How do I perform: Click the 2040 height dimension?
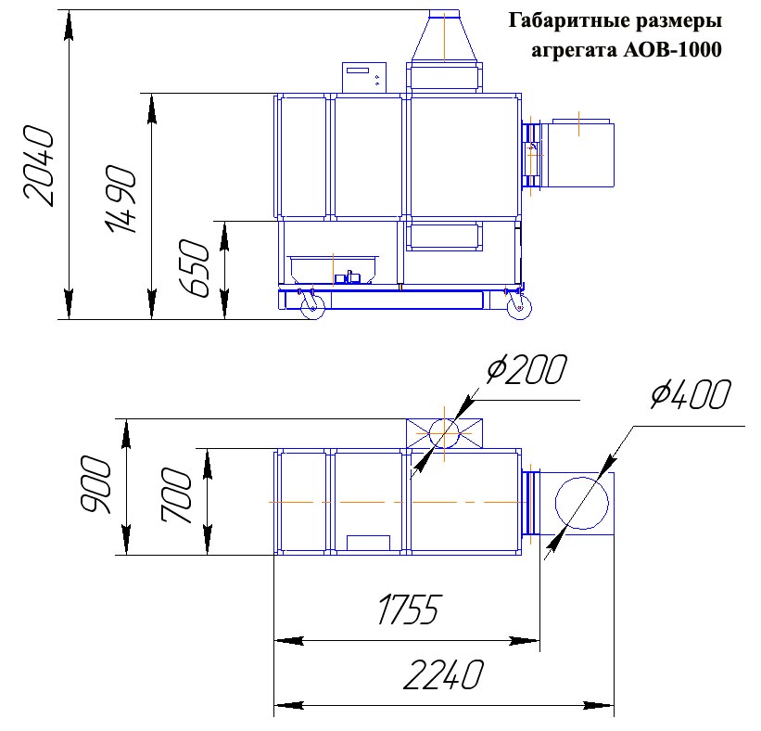[39, 166]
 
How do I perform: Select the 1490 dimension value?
[120, 199]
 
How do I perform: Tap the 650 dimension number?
[194, 268]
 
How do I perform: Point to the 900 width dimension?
[95, 484]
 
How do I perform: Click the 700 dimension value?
[177, 495]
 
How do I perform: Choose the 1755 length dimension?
[409, 609]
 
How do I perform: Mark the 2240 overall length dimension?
[444, 674]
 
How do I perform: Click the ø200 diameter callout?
[527, 369]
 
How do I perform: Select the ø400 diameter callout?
[691, 394]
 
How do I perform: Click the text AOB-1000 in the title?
[672, 50]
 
